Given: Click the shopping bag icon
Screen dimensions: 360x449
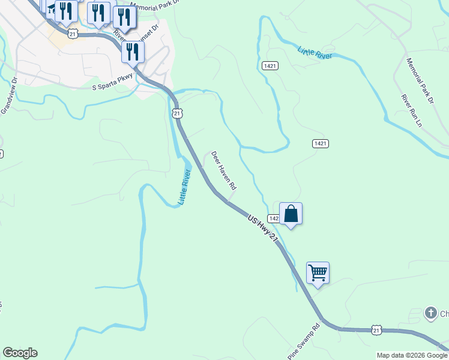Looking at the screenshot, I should (291, 214).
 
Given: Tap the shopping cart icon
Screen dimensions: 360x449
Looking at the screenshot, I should (318, 273).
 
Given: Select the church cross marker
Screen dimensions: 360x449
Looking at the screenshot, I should (430, 313).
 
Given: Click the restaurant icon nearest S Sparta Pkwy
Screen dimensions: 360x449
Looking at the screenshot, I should (132, 52).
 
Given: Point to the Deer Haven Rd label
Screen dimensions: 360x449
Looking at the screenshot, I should (223, 171).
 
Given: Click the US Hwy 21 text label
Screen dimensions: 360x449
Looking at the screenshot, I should (264, 230).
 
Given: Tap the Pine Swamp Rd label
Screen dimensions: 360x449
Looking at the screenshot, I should (304, 340).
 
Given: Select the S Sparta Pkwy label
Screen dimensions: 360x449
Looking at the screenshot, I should (112, 86).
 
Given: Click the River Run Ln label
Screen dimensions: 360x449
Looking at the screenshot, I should (413, 110).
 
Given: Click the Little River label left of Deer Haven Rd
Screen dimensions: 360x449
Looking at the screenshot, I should (184, 187).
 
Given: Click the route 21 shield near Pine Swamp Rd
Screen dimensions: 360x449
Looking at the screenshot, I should (376, 330).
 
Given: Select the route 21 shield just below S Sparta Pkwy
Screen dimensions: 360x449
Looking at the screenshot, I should (176, 113).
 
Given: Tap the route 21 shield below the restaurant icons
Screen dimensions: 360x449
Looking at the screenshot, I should (73, 34).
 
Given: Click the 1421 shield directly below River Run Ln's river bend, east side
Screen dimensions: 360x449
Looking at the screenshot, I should (320, 143).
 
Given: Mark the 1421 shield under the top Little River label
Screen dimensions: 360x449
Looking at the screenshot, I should (270, 65).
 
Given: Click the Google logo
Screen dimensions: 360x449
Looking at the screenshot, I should (20, 353).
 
